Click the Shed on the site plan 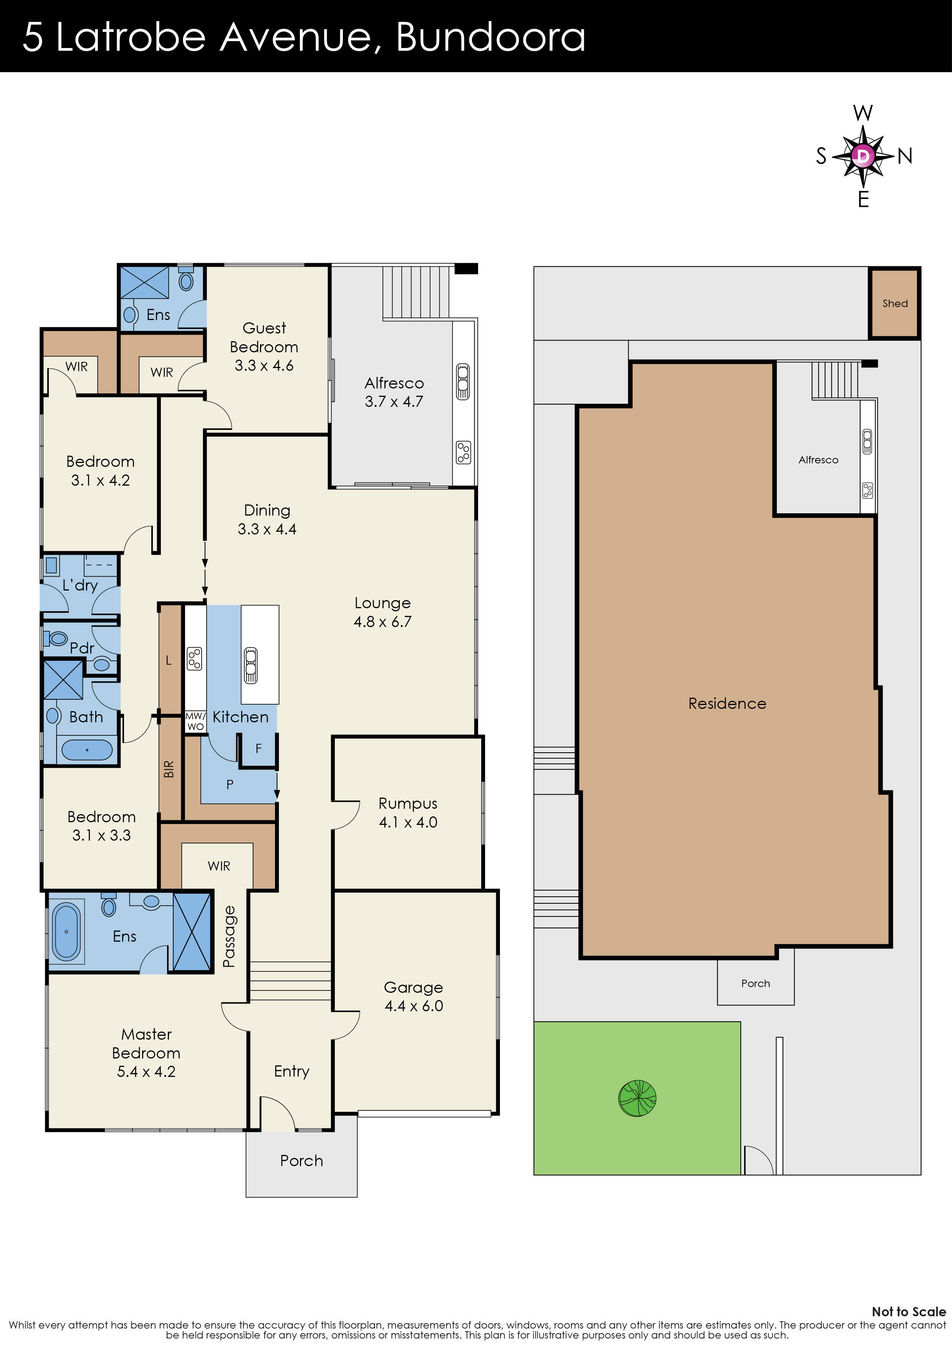click(894, 303)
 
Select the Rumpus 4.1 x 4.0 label click(408, 813)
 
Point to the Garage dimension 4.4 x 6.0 click(414, 1005)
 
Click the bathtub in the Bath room click(87, 750)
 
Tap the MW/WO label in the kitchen click(195, 721)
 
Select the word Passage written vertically click(229, 936)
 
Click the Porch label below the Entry click(301, 1160)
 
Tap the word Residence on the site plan click(727, 703)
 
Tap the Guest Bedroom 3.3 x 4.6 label click(264, 347)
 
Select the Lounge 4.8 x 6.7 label click(382, 612)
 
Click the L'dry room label click(80, 585)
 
